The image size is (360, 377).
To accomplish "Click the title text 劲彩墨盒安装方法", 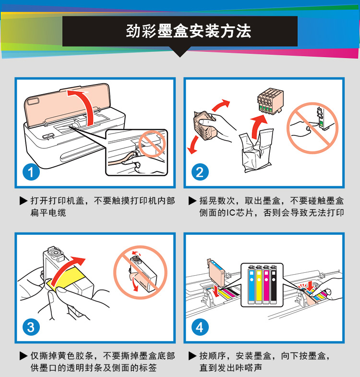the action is pyautogui.click(x=189, y=31).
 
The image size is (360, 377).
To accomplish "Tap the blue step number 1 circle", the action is pyautogui.click(x=31, y=172).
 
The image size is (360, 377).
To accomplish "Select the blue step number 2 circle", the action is pyautogui.click(x=200, y=172).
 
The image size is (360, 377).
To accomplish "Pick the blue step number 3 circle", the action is pyautogui.click(x=31, y=327).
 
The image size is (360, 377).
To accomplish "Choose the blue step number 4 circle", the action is pyautogui.click(x=200, y=327).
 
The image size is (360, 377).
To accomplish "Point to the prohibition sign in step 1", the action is pyautogui.click(x=152, y=144).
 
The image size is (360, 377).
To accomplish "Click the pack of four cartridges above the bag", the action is pyautogui.click(x=270, y=101).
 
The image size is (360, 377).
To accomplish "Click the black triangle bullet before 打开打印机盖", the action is pyautogui.click(x=24, y=201).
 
